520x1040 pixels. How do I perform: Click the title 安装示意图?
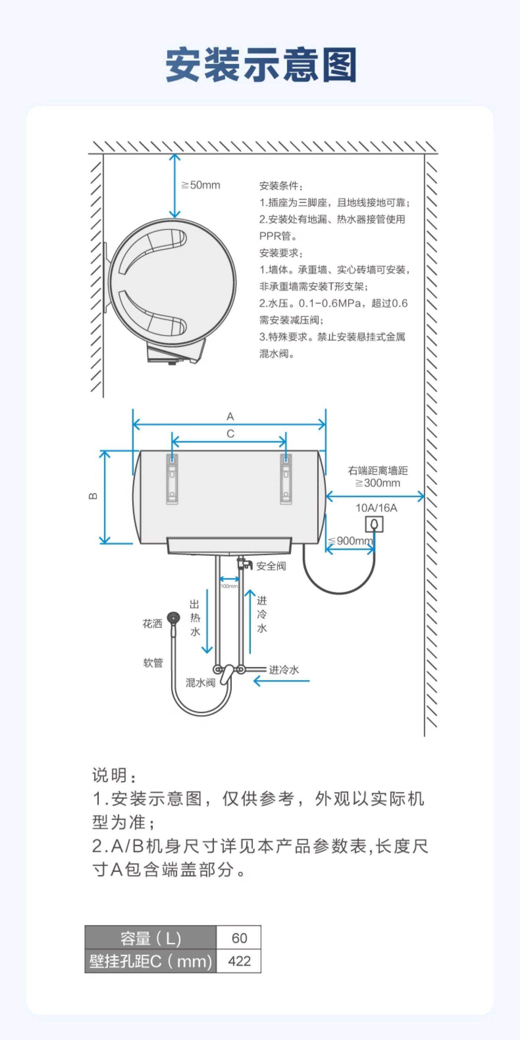tap(260, 64)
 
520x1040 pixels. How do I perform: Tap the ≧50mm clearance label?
tap(201, 185)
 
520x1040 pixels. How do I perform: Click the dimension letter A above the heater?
tap(230, 416)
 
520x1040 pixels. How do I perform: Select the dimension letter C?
tap(230, 434)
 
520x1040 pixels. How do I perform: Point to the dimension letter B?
tap(93, 496)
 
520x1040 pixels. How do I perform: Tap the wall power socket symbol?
tap(374, 525)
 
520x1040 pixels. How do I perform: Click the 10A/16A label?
tap(376, 508)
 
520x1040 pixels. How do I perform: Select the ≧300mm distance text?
tap(378, 483)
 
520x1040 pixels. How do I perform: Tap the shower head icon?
tap(174, 618)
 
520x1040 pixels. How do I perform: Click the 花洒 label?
tap(152, 624)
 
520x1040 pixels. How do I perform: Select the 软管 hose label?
tap(153, 662)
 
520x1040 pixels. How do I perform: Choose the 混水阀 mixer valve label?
tap(200, 683)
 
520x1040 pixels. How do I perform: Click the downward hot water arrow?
tap(207, 622)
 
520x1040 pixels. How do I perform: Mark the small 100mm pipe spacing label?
tap(229, 586)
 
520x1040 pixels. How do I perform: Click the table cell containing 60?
tap(239, 938)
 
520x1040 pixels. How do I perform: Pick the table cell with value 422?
tap(239, 961)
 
